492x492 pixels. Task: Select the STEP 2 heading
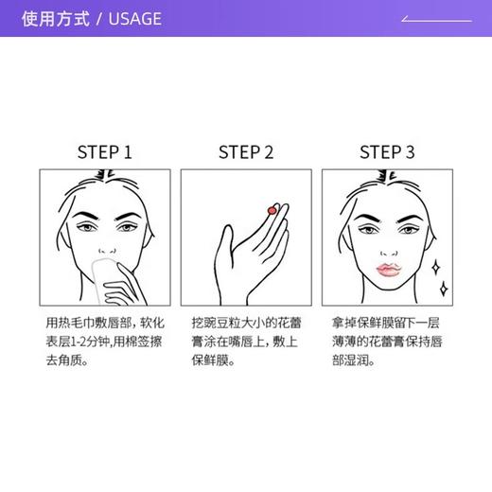click(245, 152)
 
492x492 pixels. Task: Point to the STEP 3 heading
click(387, 152)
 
